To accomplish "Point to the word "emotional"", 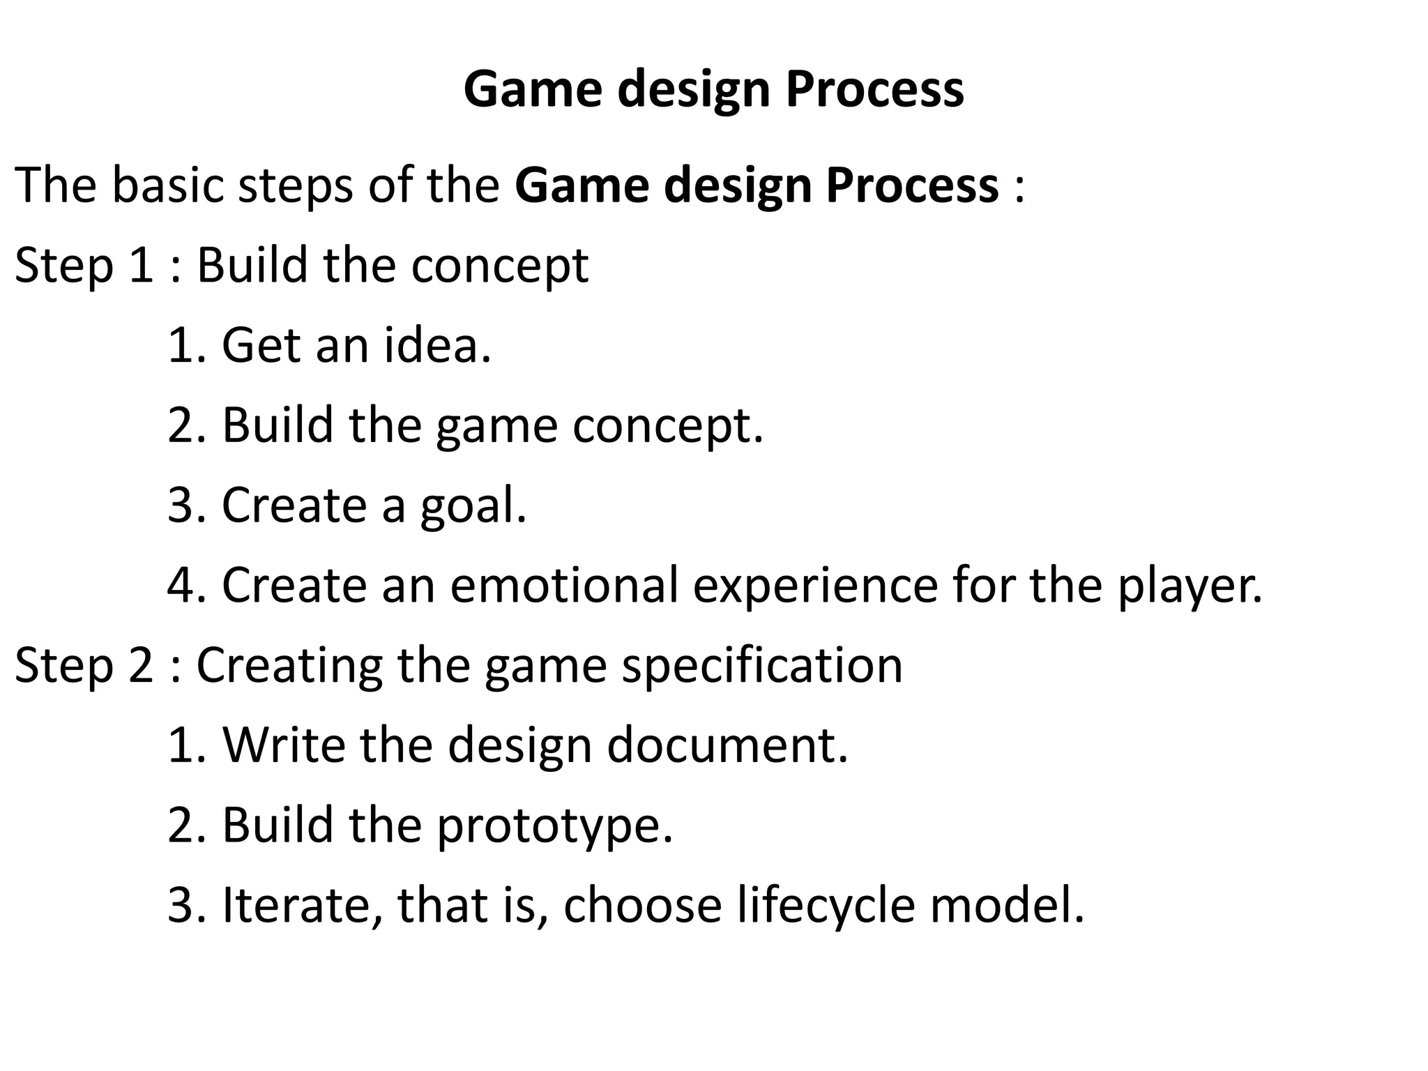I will point(564,585).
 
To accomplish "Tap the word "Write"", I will point(284,745).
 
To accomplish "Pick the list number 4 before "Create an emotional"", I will point(182,585).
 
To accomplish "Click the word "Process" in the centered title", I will point(874,89).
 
